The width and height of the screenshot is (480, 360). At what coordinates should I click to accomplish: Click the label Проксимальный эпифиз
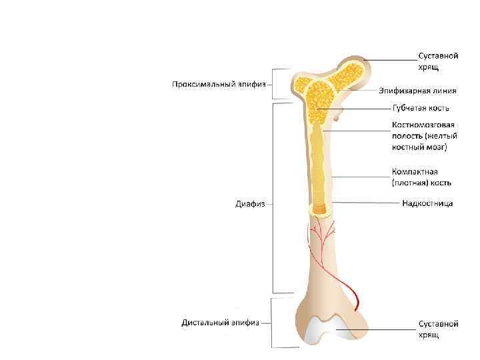click(219, 85)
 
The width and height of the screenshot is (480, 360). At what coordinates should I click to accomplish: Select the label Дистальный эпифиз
click(221, 323)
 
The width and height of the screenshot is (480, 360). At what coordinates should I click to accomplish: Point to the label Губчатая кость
click(420, 107)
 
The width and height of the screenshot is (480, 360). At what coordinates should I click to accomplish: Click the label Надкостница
click(427, 203)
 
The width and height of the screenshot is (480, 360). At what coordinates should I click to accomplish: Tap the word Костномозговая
click(423, 125)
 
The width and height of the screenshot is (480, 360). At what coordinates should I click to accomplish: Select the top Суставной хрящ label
click(438, 61)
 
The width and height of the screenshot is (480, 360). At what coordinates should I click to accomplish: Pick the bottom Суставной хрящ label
click(438, 329)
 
